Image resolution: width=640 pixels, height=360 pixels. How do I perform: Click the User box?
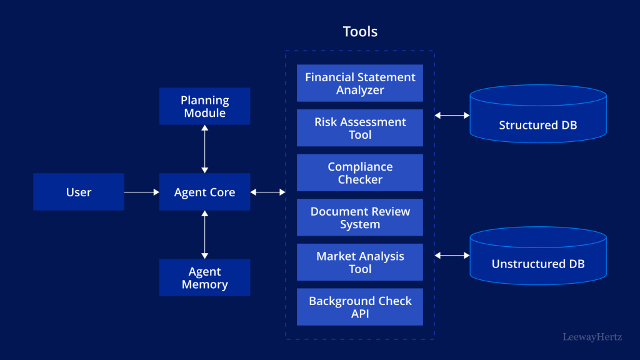(x=79, y=192)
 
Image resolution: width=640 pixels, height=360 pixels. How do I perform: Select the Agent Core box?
(x=204, y=192)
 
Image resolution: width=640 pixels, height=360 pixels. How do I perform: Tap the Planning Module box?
(x=204, y=106)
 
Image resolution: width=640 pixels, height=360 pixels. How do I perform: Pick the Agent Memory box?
(x=204, y=277)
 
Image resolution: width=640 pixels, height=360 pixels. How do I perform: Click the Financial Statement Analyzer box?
(x=360, y=83)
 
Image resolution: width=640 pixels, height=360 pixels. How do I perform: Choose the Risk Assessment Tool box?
(x=360, y=128)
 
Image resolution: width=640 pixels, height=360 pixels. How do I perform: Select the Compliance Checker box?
(x=360, y=172)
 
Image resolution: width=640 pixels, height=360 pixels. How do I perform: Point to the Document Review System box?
(x=360, y=217)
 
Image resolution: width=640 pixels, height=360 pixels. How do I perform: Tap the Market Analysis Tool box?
(x=360, y=262)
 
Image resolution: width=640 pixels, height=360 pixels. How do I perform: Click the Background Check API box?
(x=360, y=307)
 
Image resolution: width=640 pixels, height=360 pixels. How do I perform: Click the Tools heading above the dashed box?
(x=360, y=31)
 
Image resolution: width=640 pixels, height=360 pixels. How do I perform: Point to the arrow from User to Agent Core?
(x=142, y=192)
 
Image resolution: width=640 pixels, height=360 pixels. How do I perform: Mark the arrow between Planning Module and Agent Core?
(x=204, y=149)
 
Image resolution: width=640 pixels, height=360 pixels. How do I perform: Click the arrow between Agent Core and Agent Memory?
(x=204, y=234)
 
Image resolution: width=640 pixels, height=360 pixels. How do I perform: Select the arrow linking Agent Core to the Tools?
(x=268, y=192)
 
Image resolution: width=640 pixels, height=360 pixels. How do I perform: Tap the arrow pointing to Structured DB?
(x=452, y=115)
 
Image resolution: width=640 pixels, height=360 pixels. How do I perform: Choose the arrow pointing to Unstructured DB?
(x=452, y=255)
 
